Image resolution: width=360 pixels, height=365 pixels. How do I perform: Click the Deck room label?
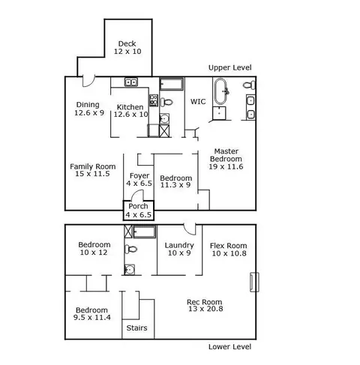tap(127, 43)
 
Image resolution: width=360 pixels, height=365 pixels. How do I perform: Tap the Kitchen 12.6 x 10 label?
tap(130, 111)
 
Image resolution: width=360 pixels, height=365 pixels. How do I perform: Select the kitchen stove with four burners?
tap(154, 100)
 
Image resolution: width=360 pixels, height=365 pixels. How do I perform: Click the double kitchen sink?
tap(131, 82)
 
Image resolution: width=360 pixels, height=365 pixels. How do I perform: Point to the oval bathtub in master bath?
tap(220, 91)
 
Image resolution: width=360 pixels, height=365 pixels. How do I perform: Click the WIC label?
tap(198, 102)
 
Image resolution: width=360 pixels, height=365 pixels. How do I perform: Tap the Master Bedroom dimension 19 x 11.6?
tap(226, 166)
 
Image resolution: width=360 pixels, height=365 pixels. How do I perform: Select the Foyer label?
tap(139, 175)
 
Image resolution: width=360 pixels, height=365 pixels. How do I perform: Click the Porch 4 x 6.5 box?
tap(139, 211)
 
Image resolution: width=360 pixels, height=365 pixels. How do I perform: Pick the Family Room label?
tap(93, 166)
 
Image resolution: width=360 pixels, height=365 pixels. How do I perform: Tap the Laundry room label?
tap(179, 245)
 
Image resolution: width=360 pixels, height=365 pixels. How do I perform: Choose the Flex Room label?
tap(229, 246)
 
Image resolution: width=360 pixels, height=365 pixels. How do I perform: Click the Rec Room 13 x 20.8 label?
tap(205, 305)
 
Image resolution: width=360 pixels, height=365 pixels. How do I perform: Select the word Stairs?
tap(136, 328)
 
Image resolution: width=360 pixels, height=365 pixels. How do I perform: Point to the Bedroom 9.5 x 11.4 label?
tap(92, 314)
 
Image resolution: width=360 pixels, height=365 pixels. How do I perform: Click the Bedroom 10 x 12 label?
tap(94, 249)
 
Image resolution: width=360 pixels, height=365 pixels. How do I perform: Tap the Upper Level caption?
tap(230, 67)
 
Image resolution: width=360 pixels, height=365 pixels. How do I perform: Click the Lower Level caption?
tap(230, 347)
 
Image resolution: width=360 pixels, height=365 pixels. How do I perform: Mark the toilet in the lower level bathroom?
tap(131, 249)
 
